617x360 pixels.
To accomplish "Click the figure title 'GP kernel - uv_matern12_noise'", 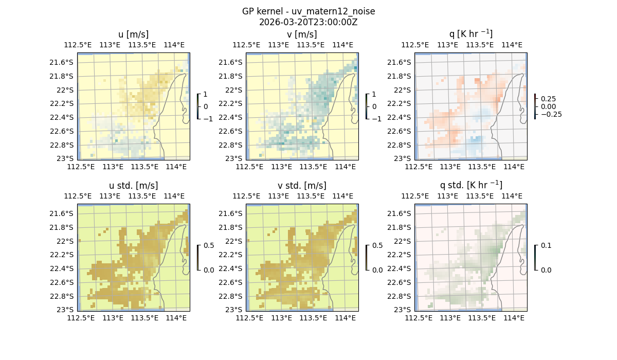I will tap(308, 11).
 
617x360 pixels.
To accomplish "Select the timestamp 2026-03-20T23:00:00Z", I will tap(308, 22).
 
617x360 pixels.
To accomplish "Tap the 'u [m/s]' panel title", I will tap(134, 34).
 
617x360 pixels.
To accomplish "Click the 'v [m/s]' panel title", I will tap(302, 34).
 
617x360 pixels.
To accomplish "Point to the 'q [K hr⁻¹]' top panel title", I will tap(471, 34).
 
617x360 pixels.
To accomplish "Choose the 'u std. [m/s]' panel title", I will tap(134, 186).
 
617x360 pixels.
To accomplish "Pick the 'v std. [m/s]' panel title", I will tap(302, 186).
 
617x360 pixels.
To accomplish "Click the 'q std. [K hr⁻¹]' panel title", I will tap(471, 185).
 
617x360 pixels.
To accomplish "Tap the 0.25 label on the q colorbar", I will tap(549, 99).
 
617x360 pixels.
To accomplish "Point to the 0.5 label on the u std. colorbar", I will tap(209, 246).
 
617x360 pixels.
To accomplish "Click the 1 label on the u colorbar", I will tap(206, 95).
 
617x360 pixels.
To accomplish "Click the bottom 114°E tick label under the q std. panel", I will tap(514, 318).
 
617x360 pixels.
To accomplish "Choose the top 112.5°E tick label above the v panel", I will tap(246, 45).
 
